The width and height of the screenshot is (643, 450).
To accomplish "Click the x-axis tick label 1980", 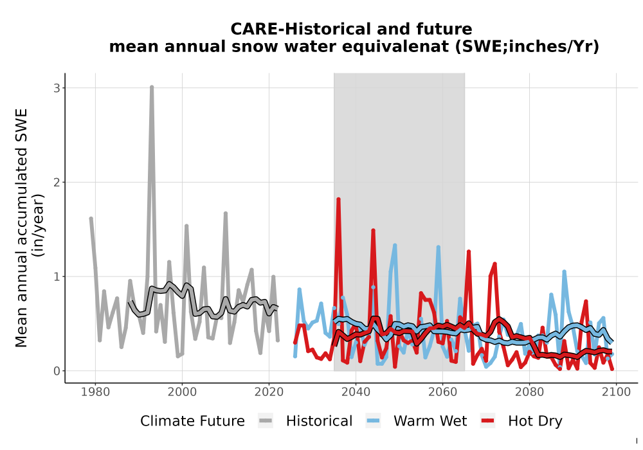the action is (95, 392).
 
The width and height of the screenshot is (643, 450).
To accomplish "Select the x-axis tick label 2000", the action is (182, 392).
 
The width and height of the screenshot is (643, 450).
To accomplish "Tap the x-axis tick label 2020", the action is (269, 392).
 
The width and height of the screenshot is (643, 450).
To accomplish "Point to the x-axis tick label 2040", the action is (356, 392).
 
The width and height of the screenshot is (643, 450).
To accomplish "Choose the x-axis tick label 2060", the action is (442, 392).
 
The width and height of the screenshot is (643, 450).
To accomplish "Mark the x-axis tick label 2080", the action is (529, 392).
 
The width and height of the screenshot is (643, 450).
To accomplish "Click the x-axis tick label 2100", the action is (617, 392).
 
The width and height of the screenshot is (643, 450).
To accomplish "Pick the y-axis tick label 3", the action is (57, 88).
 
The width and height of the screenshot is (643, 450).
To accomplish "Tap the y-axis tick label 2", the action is (57, 183).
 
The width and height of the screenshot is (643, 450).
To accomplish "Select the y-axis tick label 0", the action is (57, 371).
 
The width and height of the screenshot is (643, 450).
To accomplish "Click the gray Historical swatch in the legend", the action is (266, 421).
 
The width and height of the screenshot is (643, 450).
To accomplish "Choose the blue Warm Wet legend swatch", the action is (373, 421).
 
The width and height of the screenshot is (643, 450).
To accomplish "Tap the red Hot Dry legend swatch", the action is (487, 421).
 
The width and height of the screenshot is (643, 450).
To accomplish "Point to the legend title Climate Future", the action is (192, 421).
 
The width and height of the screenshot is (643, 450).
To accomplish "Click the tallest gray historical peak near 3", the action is (152, 87).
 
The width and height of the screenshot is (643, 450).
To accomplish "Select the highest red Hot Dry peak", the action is (339, 199).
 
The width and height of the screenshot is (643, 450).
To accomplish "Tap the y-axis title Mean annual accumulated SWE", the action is (21, 228).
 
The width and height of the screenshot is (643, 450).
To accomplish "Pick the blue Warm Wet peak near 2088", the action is (565, 272).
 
